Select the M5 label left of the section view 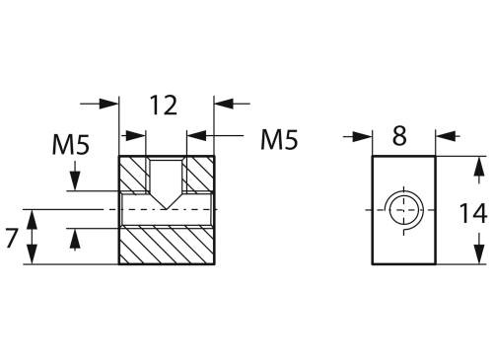point(71,147)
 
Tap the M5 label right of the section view point(278,140)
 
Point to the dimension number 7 point(12,237)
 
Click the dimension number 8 point(399,137)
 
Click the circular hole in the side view point(403,209)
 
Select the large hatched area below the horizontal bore point(166,246)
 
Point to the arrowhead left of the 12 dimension point(109,102)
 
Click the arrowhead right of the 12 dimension point(223,102)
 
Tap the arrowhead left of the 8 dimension point(364,137)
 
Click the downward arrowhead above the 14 point(480,165)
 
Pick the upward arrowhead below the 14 point(480,254)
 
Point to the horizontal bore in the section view point(166,211)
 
